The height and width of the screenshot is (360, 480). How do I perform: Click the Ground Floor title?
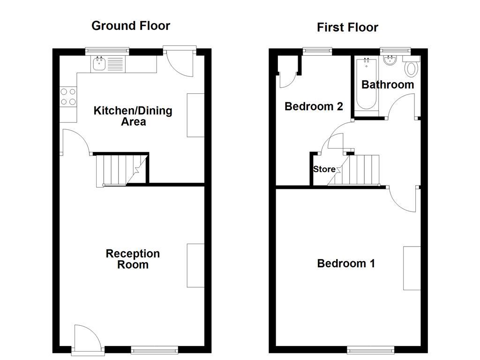tap(130, 25)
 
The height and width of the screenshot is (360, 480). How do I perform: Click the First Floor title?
tap(347, 27)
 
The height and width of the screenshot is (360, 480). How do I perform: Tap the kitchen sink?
tap(99, 64)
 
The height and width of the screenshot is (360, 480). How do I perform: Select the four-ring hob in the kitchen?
tap(68, 97)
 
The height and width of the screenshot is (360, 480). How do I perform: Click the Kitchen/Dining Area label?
tap(133, 116)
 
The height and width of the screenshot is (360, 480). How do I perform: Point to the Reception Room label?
tap(133, 259)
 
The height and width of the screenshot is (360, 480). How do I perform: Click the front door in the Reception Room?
tap(86, 338)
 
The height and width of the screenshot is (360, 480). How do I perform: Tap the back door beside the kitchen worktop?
tap(180, 61)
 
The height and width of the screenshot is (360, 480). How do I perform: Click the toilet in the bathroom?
tap(411, 69)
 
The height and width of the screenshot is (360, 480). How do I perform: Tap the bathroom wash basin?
tap(390, 60)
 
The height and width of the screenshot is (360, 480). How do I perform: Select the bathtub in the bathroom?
tap(366, 84)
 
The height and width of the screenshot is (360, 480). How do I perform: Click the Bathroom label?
tap(388, 85)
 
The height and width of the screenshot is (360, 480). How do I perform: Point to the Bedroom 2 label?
tap(314, 106)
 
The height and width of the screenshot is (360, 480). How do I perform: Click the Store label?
tap(324, 169)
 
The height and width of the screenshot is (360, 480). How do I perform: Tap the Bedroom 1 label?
tap(346, 263)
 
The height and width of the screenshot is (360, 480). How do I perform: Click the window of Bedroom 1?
tap(371, 350)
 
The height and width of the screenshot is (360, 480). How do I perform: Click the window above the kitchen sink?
tap(107, 50)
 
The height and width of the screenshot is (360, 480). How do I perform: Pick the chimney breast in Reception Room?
tap(195, 265)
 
